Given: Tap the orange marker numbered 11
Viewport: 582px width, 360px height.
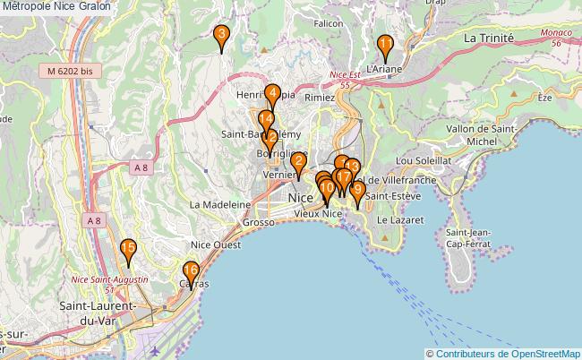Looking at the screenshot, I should [385, 46].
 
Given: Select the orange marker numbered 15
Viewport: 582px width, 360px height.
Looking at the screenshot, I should [129, 251].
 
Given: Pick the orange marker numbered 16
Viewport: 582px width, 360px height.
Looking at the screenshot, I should [191, 271].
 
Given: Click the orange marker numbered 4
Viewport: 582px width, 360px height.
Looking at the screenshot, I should [270, 93].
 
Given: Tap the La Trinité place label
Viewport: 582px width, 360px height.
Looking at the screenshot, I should [489, 39].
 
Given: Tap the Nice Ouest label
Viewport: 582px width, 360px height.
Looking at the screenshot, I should [216, 244].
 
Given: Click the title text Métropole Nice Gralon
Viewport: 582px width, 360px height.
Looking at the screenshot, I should [56, 6].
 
